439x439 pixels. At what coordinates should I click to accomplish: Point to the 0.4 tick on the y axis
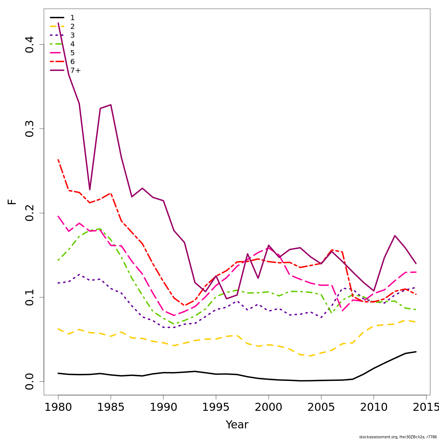click(30, 45)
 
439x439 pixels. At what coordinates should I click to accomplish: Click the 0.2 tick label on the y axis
click(30, 213)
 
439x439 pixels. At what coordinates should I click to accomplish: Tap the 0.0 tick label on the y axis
click(30, 381)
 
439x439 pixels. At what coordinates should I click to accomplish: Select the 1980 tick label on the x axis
click(58, 407)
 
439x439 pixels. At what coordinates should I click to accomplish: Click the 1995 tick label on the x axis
click(216, 407)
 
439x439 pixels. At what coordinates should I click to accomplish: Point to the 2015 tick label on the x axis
click(426, 407)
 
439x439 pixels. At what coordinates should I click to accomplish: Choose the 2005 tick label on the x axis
click(321, 407)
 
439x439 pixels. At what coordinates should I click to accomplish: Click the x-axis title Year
click(237, 425)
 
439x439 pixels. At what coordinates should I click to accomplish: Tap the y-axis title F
click(12, 202)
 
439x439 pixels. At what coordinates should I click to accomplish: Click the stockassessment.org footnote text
click(398, 437)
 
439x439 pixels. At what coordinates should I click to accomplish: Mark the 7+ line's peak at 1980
click(58, 23)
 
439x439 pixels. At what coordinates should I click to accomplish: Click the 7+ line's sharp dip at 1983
click(90, 190)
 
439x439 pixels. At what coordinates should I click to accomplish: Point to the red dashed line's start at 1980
click(58, 160)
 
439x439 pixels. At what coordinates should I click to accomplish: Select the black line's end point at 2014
click(416, 352)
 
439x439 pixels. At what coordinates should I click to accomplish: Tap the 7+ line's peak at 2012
click(395, 236)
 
